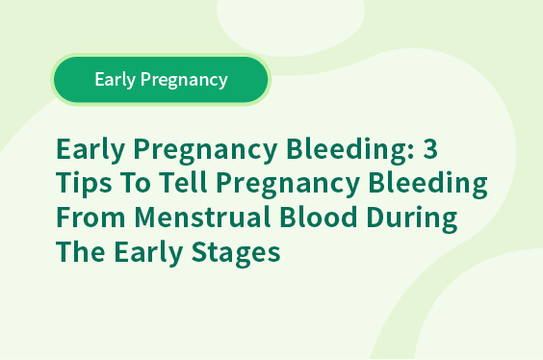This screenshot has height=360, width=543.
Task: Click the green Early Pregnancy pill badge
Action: pos(161,80)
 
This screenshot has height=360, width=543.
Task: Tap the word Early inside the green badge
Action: pos(115,80)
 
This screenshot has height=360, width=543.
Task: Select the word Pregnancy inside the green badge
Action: pos(184,80)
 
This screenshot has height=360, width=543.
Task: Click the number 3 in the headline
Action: pos(430,148)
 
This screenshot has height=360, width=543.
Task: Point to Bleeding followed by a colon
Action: pos(350,150)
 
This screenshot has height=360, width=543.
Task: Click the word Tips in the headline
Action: pos(84,184)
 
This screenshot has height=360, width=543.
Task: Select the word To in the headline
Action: pos(136,183)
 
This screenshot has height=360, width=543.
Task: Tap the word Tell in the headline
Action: pos(183,182)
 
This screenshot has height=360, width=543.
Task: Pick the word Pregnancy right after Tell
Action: pos(288,185)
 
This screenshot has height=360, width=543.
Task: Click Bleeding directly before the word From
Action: pos(428,184)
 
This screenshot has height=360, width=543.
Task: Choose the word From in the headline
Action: pos(90,218)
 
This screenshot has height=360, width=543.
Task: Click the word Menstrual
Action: pos(202,217)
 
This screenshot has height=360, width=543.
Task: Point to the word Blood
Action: pos(319,217)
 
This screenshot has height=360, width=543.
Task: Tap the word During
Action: pos(412,219)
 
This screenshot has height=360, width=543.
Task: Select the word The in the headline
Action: pos(80,251)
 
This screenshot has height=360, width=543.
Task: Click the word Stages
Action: pos(236,253)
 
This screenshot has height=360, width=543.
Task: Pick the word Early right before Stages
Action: pos(148,253)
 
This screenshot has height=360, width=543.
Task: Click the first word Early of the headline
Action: pos(90,150)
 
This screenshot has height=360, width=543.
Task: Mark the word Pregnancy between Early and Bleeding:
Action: pos(205,150)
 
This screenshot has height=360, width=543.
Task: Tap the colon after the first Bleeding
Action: pos(411,152)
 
